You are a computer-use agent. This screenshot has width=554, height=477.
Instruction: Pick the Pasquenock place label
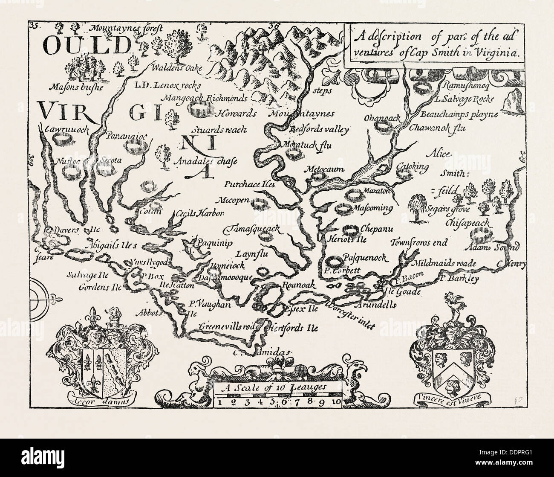364,258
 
